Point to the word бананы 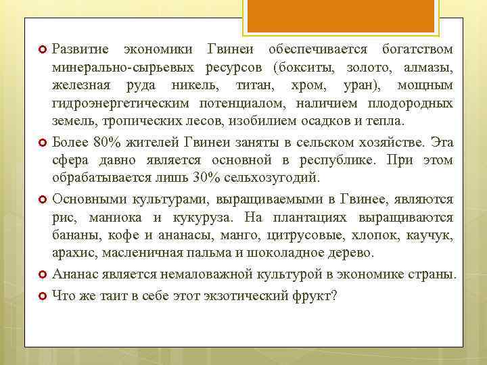pos(73,235)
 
